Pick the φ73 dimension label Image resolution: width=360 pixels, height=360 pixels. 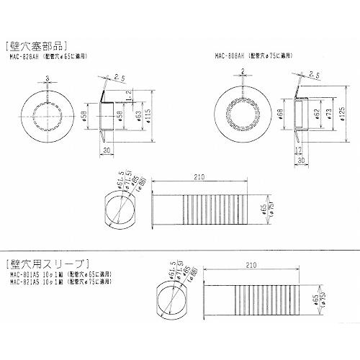326,114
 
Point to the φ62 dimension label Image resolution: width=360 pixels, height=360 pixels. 313,114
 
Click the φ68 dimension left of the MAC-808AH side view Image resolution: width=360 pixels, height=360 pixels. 279,114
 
